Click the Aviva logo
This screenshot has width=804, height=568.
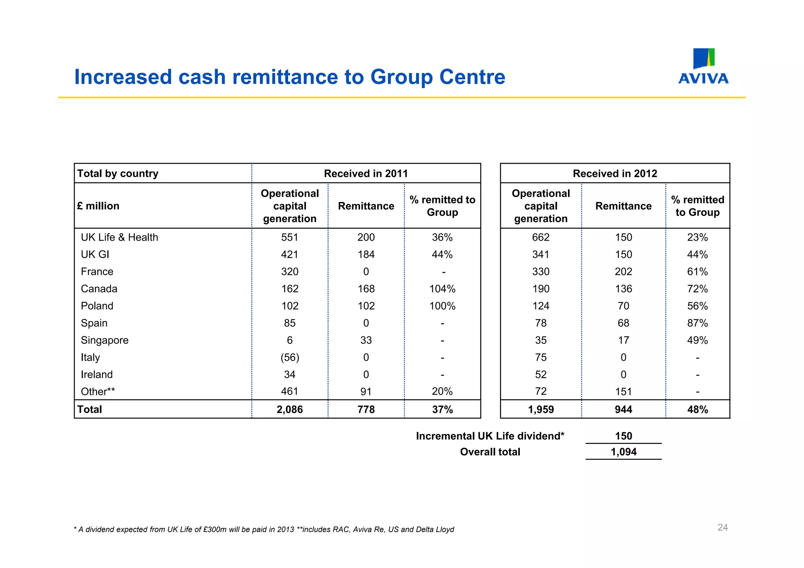pyautogui.click(x=703, y=66)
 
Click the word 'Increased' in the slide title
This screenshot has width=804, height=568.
pyautogui.click(x=123, y=77)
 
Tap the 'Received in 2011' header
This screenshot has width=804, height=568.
pyautogui.click(x=365, y=174)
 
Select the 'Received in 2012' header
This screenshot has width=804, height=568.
pyautogui.click(x=615, y=174)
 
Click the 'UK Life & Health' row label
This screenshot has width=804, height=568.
pyautogui.click(x=119, y=237)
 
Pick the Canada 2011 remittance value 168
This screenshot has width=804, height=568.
pyautogui.click(x=366, y=289)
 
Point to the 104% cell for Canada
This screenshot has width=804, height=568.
pyautogui.click(x=442, y=289)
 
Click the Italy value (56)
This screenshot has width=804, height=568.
pyautogui.click(x=290, y=358)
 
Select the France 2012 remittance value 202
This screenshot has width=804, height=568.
pyautogui.click(x=623, y=272)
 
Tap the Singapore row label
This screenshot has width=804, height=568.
pyautogui.click(x=104, y=340)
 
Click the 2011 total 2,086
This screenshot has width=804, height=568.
pyautogui.click(x=290, y=409)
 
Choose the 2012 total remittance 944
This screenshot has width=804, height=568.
pyautogui.click(x=623, y=409)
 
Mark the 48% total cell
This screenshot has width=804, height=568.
pyautogui.click(x=697, y=409)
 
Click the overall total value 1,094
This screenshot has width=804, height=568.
pyautogui.click(x=623, y=452)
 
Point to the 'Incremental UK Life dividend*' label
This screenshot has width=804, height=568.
pyautogui.click(x=490, y=436)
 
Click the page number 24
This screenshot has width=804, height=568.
pyautogui.click(x=722, y=527)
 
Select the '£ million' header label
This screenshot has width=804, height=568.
pyautogui.click(x=98, y=206)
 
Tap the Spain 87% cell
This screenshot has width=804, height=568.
pyautogui.click(x=697, y=323)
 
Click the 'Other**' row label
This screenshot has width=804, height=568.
pyautogui.click(x=98, y=392)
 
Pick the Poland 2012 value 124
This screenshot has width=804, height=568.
pyautogui.click(x=541, y=306)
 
